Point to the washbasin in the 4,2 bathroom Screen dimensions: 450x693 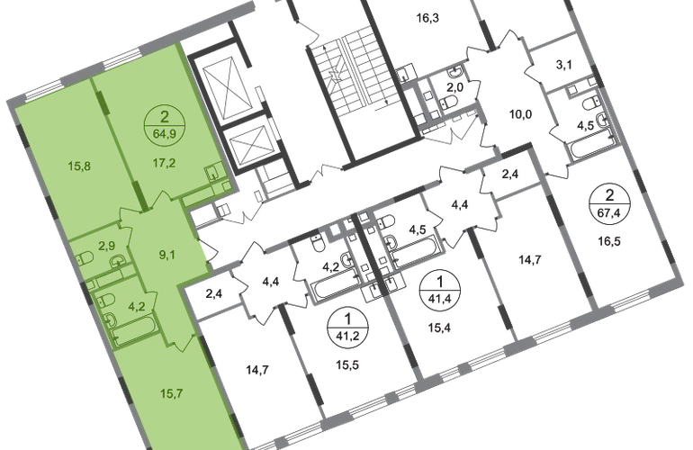[x=114, y=318]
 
